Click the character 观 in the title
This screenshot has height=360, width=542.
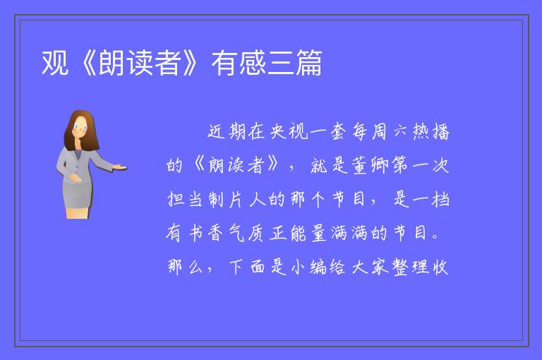pyautogui.click(x=54, y=63)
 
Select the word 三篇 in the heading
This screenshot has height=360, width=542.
pyautogui.click(x=295, y=63)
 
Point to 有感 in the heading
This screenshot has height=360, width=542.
pyautogui.click(x=239, y=63)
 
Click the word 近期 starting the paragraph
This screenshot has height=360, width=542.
pyautogui.click(x=227, y=131)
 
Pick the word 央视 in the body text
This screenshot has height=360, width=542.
pyautogui.click(x=289, y=131)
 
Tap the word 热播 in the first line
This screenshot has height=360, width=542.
pyautogui.click(x=431, y=131)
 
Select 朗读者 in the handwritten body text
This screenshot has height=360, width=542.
pyautogui.click(x=236, y=165)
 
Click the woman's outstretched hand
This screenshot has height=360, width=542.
pyautogui.click(x=119, y=167)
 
